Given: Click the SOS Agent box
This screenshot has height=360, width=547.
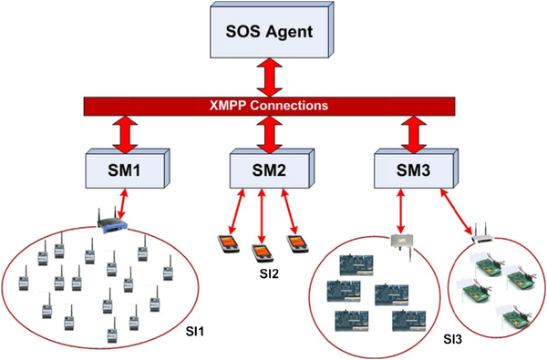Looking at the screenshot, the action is click(272, 30).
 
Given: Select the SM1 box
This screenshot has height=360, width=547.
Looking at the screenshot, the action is click(128, 169).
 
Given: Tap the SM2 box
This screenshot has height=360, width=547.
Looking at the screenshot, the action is click(272, 169).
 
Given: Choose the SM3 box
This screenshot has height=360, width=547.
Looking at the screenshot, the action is click(417, 169).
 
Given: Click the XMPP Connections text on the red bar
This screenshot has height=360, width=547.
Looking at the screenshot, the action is click(269, 106).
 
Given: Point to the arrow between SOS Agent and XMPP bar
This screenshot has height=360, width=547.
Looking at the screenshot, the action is click(269, 77).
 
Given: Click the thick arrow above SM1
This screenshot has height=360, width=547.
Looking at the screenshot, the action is click(125, 134).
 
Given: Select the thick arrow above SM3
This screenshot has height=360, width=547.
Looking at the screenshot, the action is click(414, 134).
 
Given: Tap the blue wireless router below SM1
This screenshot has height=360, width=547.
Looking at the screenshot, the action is click(111, 221).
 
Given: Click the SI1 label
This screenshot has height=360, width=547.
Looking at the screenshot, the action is click(195, 332).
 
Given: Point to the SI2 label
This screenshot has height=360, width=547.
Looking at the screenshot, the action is click(269, 273).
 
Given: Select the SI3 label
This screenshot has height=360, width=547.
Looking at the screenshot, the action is click(453, 339).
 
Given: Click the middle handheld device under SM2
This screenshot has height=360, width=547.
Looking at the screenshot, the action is click(261, 252).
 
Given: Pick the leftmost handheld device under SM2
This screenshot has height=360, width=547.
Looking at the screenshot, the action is click(229, 244).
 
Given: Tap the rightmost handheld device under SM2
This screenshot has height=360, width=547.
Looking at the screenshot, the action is click(297, 244).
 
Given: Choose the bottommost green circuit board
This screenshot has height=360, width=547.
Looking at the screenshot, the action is click(515, 317).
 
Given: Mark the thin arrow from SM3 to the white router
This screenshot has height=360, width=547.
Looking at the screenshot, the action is click(457, 211).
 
